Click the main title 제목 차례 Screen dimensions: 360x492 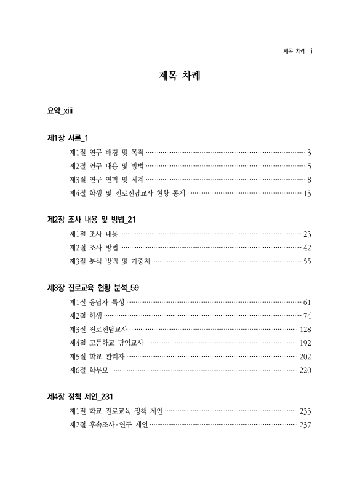click(180, 77)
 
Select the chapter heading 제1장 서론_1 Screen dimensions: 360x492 click(72, 137)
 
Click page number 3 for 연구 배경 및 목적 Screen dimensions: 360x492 click(310, 152)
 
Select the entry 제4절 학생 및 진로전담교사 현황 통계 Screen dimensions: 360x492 click(127, 194)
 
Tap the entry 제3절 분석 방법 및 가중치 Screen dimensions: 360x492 click(110, 261)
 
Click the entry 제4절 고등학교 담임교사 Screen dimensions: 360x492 click(106, 343)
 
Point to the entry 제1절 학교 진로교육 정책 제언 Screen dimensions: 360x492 click(116, 411)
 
